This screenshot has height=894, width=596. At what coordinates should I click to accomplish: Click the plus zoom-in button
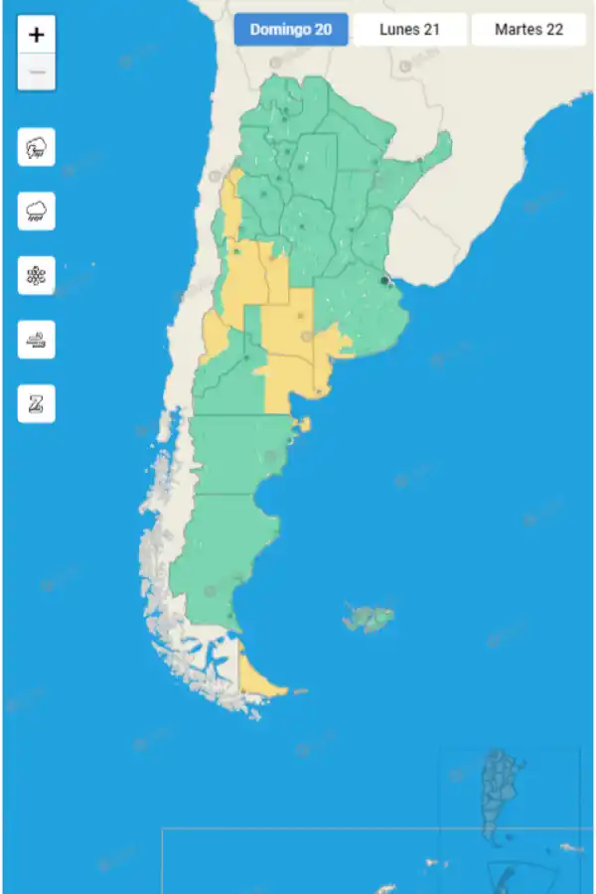pyautogui.click(x=37, y=35)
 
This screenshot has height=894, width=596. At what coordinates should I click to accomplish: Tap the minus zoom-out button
pyautogui.click(x=37, y=73)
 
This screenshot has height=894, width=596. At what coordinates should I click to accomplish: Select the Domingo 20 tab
pyautogui.click(x=291, y=30)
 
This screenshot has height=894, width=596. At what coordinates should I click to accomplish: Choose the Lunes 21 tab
pyautogui.click(x=409, y=30)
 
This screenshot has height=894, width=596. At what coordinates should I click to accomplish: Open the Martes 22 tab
pyautogui.click(x=528, y=30)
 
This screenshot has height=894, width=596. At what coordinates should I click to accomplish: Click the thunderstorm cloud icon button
pyautogui.click(x=37, y=148)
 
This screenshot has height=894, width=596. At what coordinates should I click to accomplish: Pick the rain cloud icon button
pyautogui.click(x=37, y=211)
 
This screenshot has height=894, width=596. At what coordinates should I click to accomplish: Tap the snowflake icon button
pyautogui.click(x=37, y=275)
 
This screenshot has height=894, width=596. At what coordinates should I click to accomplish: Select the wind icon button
pyautogui.click(x=37, y=340)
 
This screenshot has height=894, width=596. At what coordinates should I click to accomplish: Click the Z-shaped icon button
pyautogui.click(x=37, y=403)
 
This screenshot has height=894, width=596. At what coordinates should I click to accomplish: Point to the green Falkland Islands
pyautogui.click(x=370, y=618)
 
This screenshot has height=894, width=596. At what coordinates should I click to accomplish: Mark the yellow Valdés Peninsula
pyautogui.click(x=303, y=425)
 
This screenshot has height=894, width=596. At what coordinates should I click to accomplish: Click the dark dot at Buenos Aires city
pyautogui.click(x=384, y=281)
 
